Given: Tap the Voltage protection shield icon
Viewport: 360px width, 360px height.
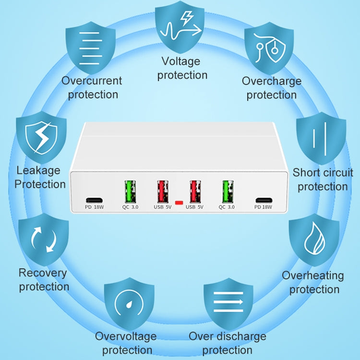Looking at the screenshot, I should pyautogui.click(x=180, y=27).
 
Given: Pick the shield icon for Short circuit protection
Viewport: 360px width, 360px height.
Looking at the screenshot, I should pyautogui.click(x=321, y=136).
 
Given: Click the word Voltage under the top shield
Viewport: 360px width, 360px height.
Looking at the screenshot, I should pyautogui.click(x=181, y=61).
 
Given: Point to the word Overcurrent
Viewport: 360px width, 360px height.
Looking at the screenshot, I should pyautogui.click(x=92, y=81).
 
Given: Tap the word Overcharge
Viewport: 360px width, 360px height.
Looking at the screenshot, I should pyautogui.click(x=272, y=81).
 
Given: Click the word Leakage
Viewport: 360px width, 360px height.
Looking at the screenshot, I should pyautogui.click(x=38, y=170).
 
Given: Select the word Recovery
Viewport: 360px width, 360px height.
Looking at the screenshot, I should pyautogui.click(x=43, y=273).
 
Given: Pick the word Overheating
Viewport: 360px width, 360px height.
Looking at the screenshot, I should pyautogui.click(x=313, y=276).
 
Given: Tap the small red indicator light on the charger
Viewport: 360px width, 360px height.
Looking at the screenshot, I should pyautogui.click(x=180, y=203).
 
